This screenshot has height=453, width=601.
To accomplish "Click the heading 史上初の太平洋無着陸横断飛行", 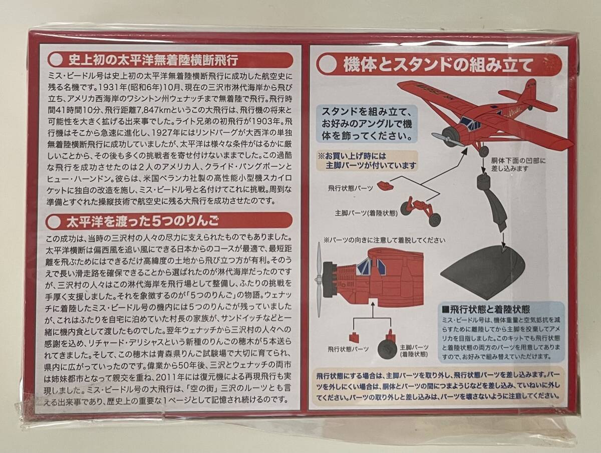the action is [153, 61].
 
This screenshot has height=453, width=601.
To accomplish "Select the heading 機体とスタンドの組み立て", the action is [438, 65].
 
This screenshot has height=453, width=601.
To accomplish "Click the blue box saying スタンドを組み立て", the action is [367, 123].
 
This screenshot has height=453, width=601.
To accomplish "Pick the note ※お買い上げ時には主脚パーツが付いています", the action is [368, 161].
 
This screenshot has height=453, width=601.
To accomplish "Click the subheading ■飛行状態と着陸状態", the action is [486, 309].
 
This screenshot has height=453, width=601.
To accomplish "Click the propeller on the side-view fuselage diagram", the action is [319, 280].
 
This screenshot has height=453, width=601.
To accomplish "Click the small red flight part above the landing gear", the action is [385, 185].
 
